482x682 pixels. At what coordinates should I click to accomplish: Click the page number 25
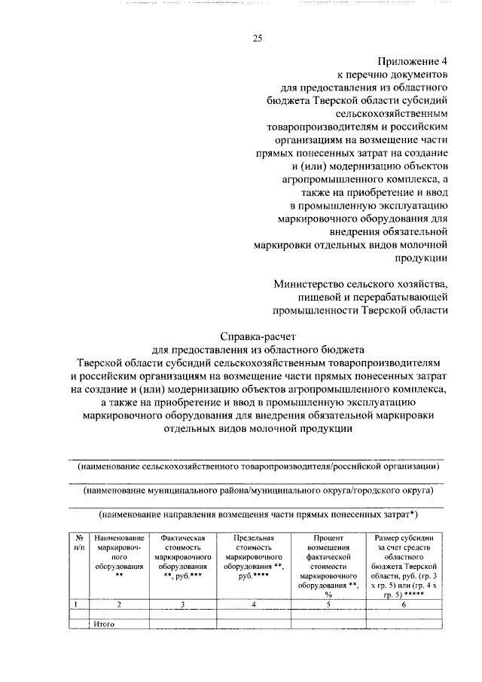pyautogui.click(x=257, y=39)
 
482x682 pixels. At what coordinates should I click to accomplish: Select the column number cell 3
pyautogui.click(x=184, y=604)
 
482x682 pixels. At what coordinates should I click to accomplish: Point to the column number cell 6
pyautogui.click(x=404, y=604)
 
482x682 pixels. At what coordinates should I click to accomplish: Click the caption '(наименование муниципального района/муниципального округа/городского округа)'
pyautogui.click(x=258, y=491)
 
